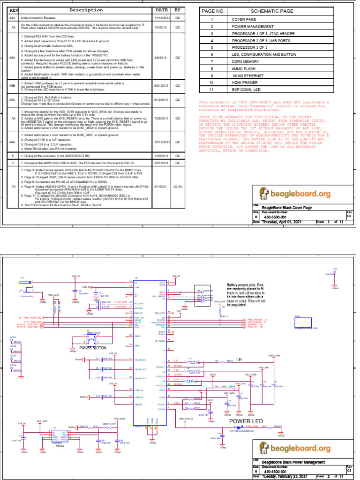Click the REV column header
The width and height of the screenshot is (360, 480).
(x=14, y=10)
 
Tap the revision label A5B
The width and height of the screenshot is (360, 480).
(x=13, y=86)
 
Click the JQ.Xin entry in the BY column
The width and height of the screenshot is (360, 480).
(x=178, y=186)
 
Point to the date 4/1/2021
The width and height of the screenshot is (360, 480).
(x=161, y=186)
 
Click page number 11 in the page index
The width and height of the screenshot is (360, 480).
(x=211, y=89)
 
